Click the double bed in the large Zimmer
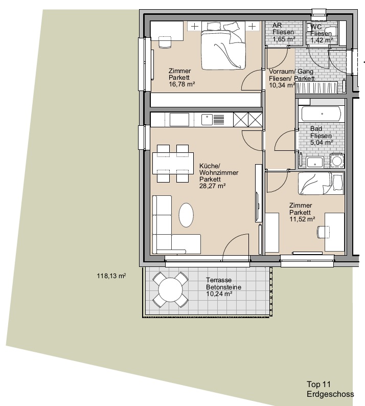tap(223, 46)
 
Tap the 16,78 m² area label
tap(181, 84)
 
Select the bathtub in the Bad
tap(321, 114)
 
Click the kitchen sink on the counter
tap(207, 120)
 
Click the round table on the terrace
tap(170, 289)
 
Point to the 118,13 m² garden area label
tap(111, 276)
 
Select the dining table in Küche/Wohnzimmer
tap(173, 164)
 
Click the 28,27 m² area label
tap(213, 186)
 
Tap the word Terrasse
tap(219, 280)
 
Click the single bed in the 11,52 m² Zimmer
tap(321, 184)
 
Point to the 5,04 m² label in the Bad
tap(322, 143)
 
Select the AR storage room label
tap(277, 26)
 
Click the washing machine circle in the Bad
tap(337, 161)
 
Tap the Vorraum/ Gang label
tap(291, 72)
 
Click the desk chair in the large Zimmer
tap(165, 42)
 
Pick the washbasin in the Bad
tap(314, 162)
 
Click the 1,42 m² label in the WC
tap(322, 40)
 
